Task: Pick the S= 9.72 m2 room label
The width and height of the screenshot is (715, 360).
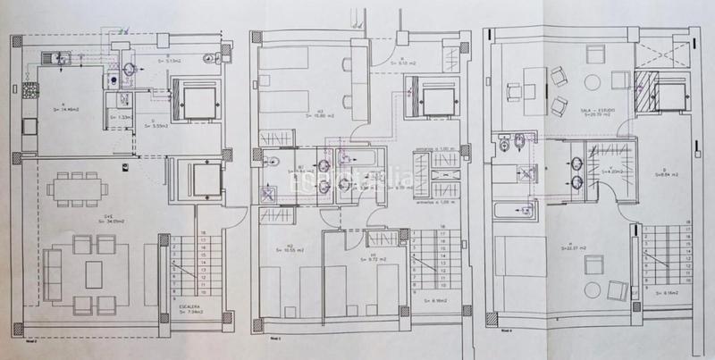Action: tap(378, 260)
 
